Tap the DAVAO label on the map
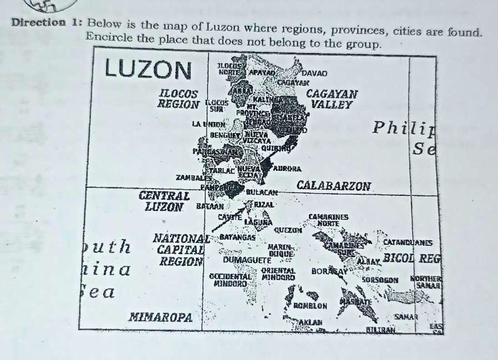(315, 73)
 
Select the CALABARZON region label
(334, 186)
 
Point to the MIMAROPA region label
(160, 318)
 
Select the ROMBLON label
(310, 305)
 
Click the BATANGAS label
(238, 237)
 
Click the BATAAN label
(210, 205)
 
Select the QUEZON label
(287, 228)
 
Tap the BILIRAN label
(379, 329)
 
